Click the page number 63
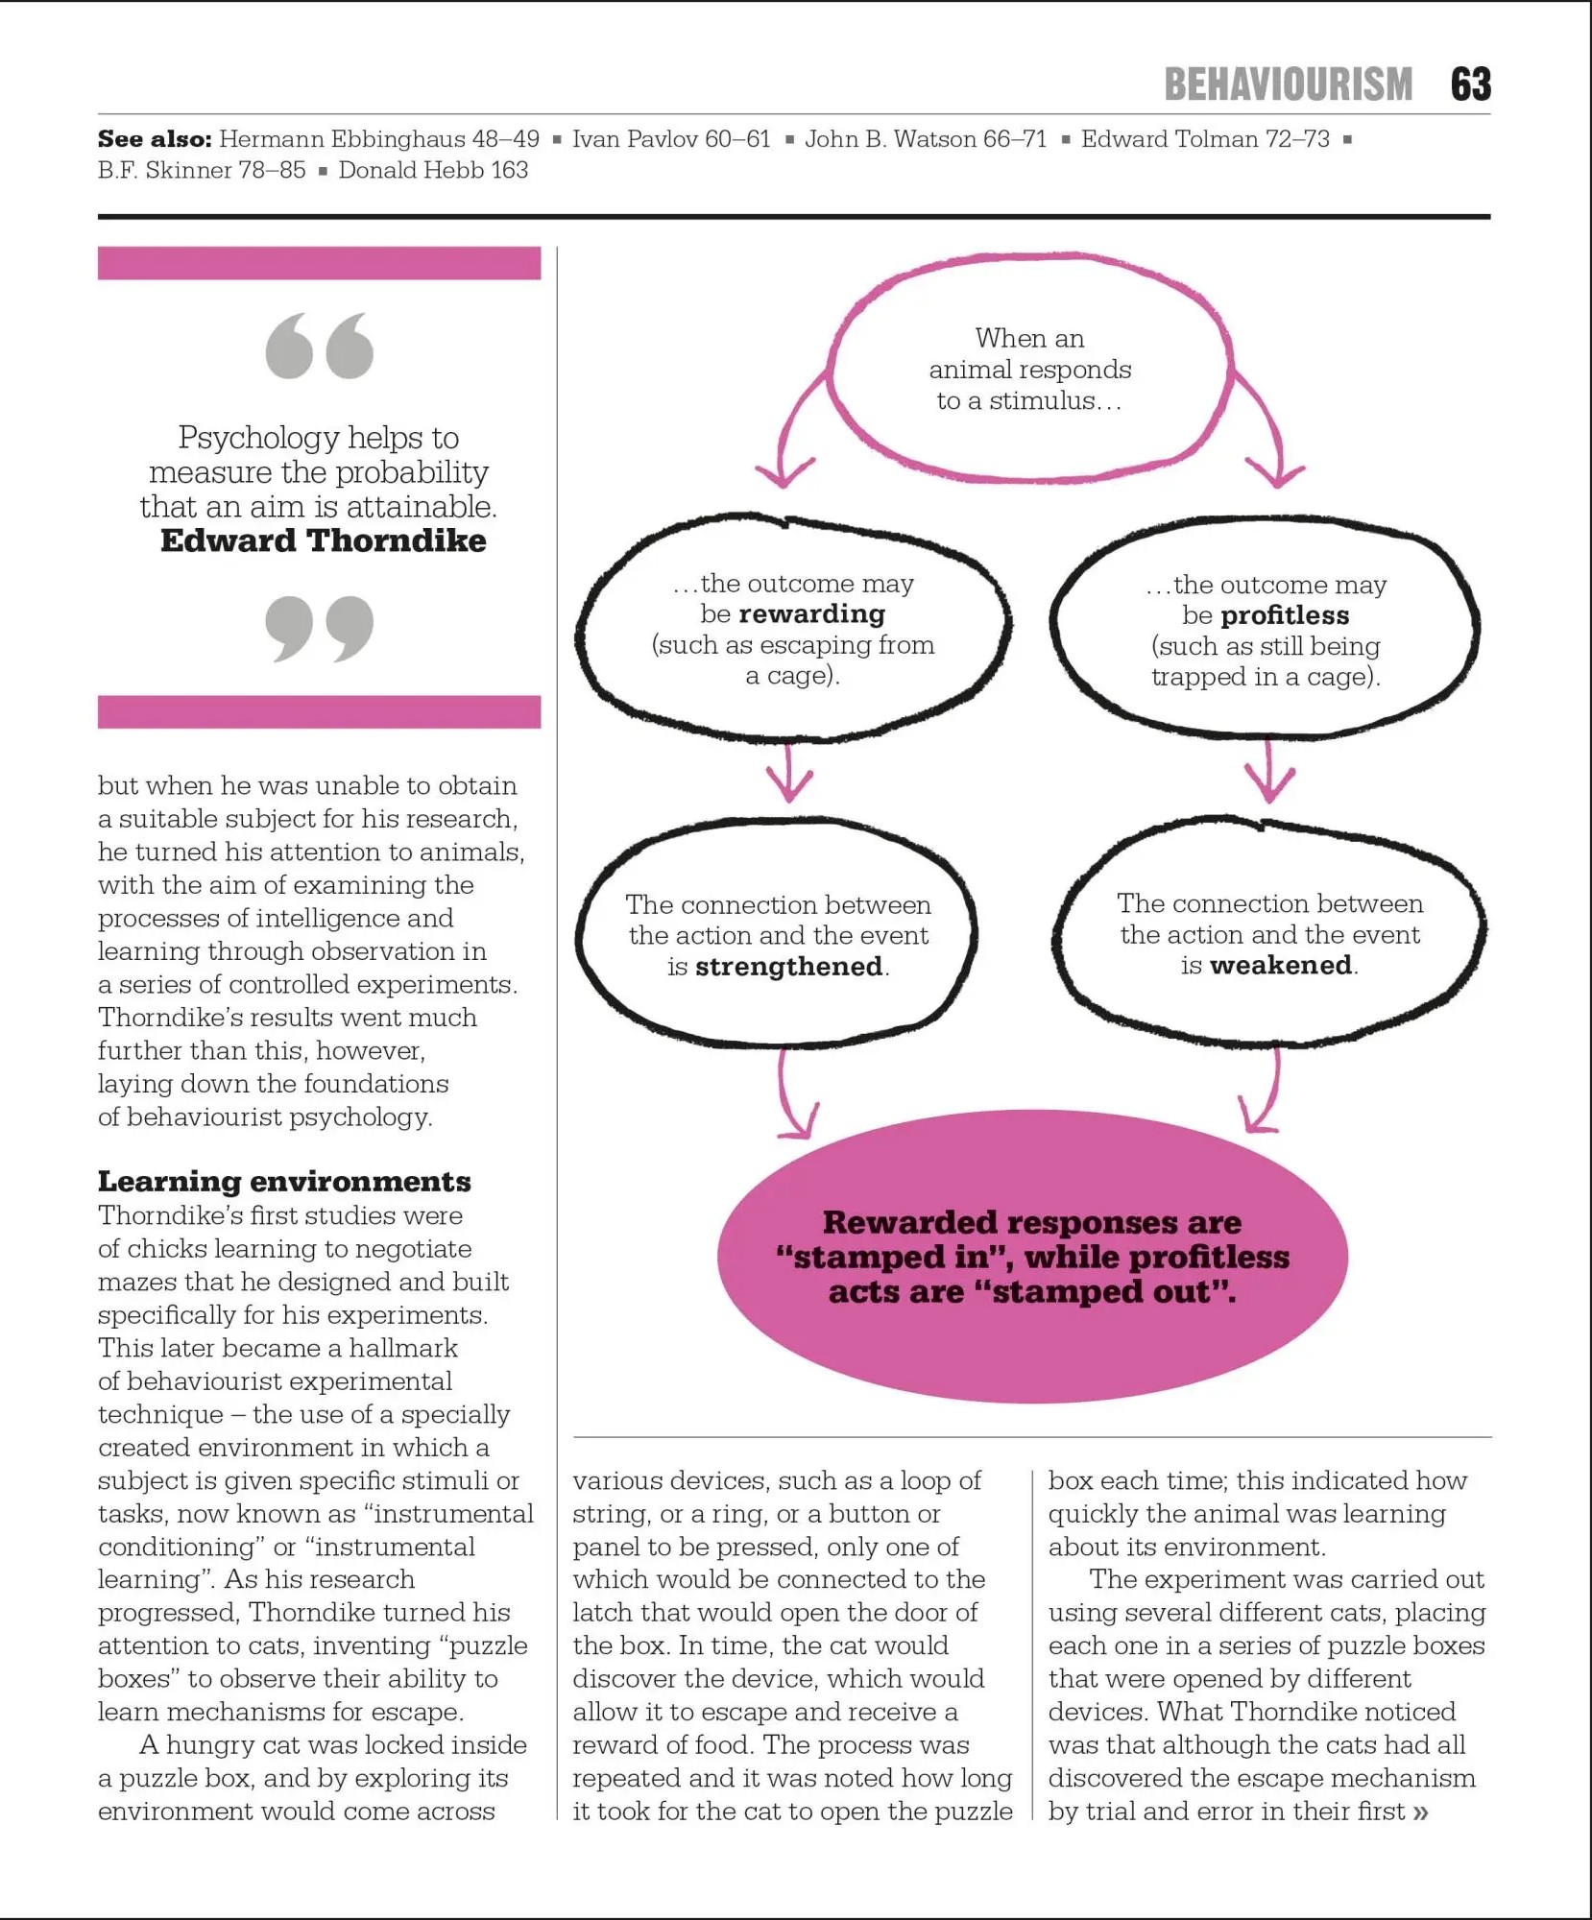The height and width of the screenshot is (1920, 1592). coord(1470,84)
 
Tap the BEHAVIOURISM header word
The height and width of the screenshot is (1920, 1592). coord(1288,84)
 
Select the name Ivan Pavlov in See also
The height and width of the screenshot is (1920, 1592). coord(635,139)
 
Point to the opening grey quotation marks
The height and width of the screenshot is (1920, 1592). coord(319,346)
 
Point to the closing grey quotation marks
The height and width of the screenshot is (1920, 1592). coord(319,628)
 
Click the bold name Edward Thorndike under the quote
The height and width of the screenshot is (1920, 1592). coord(323,540)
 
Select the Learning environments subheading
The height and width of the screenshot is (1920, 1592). coord(284,1181)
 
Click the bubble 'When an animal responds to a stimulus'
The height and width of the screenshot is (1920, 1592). coord(1029,370)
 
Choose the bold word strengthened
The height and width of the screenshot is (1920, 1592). coord(788,966)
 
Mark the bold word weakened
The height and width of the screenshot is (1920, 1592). coord(1281,965)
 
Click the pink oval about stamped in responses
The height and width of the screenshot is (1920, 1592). coord(1032,1256)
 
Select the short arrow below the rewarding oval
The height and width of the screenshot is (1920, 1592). coord(789,774)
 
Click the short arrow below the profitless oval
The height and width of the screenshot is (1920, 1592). coord(1269,774)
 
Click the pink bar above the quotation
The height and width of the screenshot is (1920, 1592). coord(319,263)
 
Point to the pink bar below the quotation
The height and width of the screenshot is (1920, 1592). coord(319,711)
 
